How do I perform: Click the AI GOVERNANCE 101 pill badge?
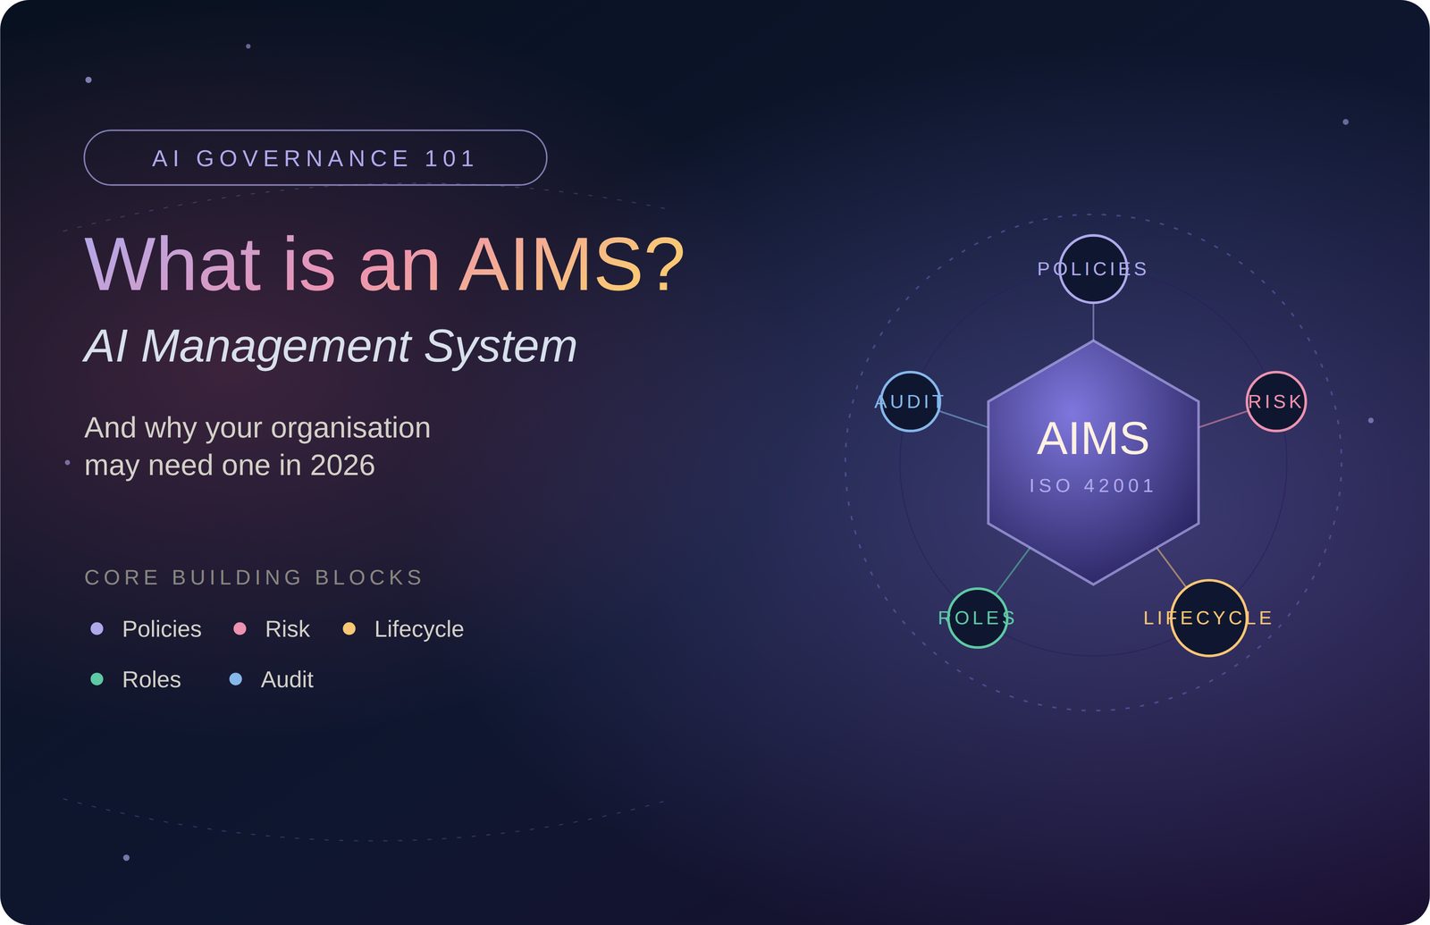315,157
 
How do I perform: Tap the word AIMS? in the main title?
571,265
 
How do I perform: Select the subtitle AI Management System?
330,347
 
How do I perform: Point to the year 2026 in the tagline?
342,466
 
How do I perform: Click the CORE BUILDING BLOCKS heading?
254,577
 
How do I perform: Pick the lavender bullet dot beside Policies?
97,629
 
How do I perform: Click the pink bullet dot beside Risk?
240,629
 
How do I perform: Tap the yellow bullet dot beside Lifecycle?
349,629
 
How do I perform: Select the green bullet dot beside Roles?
97,679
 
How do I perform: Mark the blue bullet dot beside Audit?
236,679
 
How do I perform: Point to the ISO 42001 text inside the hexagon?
1092,486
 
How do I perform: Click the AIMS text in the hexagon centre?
1093,439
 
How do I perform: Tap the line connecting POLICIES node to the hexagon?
1093,322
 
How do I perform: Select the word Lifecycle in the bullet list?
419,629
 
